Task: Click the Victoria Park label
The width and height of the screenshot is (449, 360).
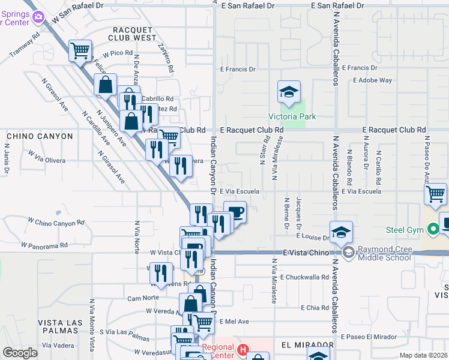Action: (292, 116)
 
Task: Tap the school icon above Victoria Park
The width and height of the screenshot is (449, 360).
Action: (289, 92)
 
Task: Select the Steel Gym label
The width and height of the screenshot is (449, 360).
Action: (406, 229)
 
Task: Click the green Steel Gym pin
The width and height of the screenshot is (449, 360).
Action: (432, 229)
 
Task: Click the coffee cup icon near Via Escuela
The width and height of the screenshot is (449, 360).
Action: (235, 212)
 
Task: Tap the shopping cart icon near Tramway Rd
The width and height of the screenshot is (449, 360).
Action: (80, 51)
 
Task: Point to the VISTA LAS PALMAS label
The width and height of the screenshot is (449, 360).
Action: (60, 327)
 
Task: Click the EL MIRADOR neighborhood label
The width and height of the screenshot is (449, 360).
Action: (307, 346)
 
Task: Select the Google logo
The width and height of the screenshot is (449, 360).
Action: (20, 353)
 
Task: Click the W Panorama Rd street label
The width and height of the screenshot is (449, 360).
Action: (44, 245)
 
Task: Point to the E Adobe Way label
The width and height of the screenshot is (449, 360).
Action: (372, 80)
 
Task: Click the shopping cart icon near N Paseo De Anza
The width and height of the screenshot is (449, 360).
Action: (435, 194)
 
